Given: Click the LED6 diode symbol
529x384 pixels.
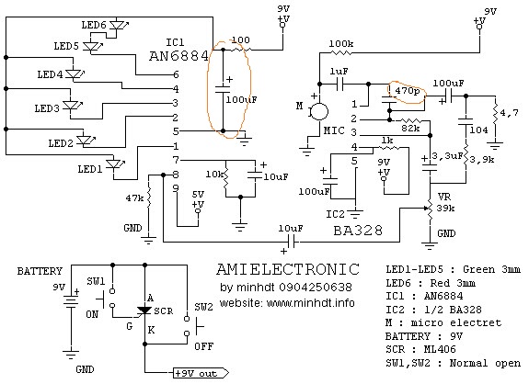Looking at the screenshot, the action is click(x=118, y=25).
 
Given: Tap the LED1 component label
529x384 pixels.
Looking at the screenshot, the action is click(x=90, y=169).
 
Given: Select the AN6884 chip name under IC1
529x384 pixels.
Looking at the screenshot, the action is click(x=178, y=56).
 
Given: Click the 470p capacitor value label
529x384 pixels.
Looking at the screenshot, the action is click(x=408, y=91).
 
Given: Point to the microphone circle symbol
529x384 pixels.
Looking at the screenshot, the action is click(x=319, y=111).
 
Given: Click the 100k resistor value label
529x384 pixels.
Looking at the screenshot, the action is click(x=341, y=44).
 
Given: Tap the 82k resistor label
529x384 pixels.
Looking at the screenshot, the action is click(x=410, y=129).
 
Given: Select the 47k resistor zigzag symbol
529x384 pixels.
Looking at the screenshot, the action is click(x=148, y=198).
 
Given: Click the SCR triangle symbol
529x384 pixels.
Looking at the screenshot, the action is click(x=144, y=311).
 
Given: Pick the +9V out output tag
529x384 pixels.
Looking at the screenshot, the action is click(x=201, y=373).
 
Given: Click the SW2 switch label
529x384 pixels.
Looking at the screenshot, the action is click(x=203, y=307).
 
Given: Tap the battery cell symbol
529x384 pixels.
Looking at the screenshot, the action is click(x=71, y=301).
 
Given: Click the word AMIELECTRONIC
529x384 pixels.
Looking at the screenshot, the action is click(x=288, y=269).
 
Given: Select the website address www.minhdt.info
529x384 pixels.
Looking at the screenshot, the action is click(x=310, y=303).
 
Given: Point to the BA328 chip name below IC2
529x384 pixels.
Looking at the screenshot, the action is click(x=358, y=231).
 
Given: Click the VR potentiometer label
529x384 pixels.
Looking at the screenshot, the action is click(x=444, y=197).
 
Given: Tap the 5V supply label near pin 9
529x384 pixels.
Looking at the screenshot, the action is click(x=198, y=195).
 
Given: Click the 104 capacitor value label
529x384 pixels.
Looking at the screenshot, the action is click(x=478, y=130).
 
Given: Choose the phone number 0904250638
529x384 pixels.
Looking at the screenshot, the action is click(x=316, y=287).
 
